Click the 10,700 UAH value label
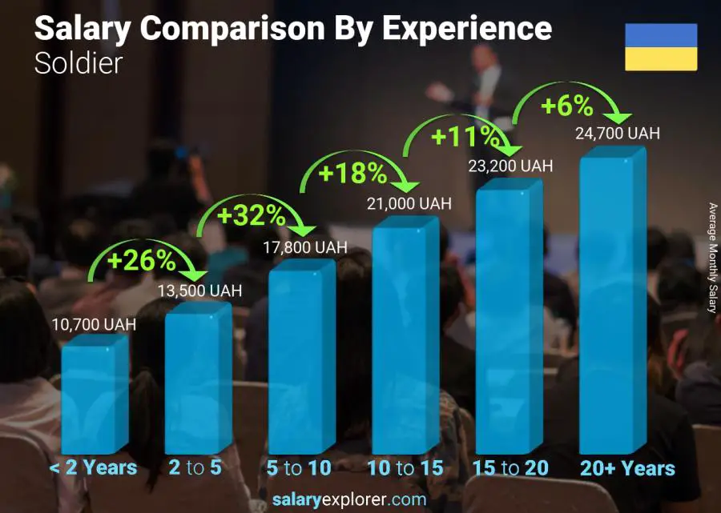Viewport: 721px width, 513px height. (x=94, y=325)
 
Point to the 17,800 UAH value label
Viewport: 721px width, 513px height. (x=305, y=248)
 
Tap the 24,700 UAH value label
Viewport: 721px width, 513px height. (x=617, y=134)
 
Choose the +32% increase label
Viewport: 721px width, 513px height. (x=252, y=214)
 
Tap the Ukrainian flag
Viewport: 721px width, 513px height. (x=661, y=47)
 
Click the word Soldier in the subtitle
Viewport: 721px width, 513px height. (x=79, y=63)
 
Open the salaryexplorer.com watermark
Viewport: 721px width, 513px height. (x=348, y=500)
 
